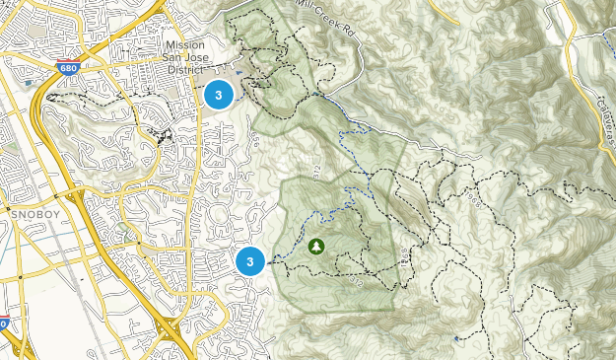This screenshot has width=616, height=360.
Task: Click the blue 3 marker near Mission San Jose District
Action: point(219,95)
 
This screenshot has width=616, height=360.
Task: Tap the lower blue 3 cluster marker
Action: point(251,261)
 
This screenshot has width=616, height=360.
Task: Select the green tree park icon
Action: point(316,246)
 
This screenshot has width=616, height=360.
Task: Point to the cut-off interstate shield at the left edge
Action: point(3,324)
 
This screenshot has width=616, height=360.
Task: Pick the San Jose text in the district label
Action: point(187,57)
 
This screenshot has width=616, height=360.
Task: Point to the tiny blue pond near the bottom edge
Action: point(455,338)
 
